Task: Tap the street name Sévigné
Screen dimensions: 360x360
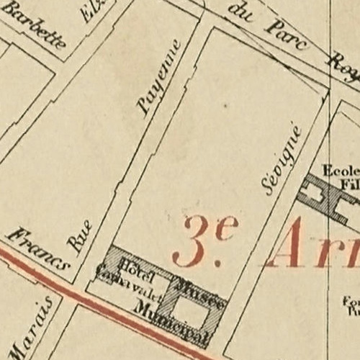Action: [x=282, y=160]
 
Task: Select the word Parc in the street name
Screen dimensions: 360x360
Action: [x=287, y=35]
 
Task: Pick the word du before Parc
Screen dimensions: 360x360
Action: [x=240, y=13]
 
